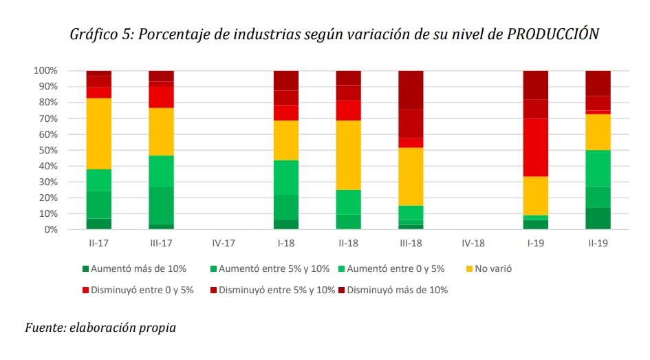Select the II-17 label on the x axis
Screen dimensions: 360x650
pos(99,243)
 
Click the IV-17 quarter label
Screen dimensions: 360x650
pos(224,243)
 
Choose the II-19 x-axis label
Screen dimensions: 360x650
pos(598,243)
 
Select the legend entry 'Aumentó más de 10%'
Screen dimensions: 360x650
pos(131,269)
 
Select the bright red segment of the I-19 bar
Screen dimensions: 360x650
pos(537,147)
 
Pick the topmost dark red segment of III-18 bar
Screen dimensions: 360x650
pos(411,89)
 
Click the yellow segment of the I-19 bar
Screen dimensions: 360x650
pos(537,195)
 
